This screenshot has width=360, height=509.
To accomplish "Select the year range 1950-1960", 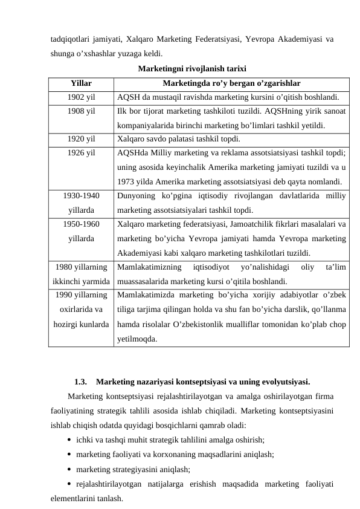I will click(81, 224).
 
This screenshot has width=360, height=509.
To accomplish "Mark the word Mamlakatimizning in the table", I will click(146, 266).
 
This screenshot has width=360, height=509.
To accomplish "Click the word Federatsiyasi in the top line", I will click(223, 39).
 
